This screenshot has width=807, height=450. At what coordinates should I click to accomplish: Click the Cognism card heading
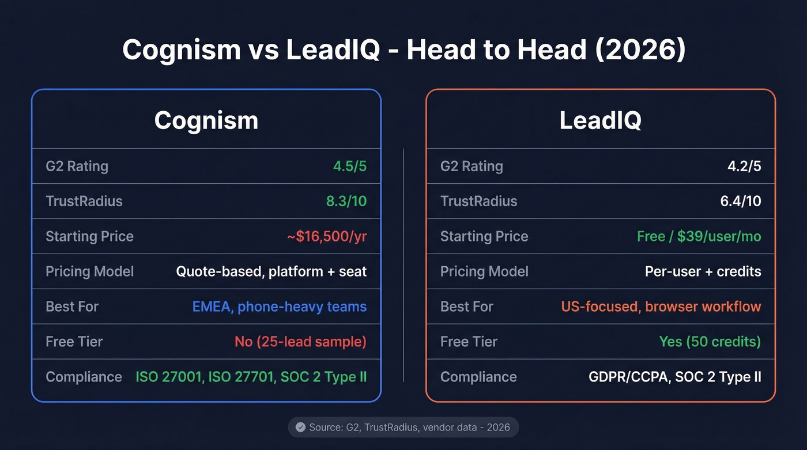(x=206, y=120)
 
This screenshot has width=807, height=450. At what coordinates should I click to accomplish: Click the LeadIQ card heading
(x=600, y=120)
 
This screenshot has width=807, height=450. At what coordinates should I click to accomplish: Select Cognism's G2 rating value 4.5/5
(x=349, y=167)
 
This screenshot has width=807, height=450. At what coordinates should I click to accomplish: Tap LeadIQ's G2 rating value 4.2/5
(x=744, y=167)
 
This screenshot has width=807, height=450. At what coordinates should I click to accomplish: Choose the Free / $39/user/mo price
(x=699, y=236)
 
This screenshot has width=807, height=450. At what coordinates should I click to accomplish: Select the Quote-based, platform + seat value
(x=271, y=271)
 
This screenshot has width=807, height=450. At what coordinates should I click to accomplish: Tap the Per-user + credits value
(x=703, y=271)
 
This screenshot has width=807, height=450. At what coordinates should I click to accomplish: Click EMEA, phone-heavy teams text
(x=279, y=307)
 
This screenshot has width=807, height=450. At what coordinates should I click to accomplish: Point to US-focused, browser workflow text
(x=661, y=307)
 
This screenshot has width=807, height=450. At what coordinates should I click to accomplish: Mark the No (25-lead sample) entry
(x=300, y=342)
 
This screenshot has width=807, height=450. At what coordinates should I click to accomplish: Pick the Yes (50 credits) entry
(x=710, y=342)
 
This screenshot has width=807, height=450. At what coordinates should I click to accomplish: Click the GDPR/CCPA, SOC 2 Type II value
(x=674, y=377)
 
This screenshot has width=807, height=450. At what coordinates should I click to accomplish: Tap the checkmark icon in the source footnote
(x=300, y=427)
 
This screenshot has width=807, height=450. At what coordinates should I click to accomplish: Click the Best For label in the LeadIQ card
(x=466, y=307)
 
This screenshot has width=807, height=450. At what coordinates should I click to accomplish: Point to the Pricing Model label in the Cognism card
(x=89, y=271)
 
